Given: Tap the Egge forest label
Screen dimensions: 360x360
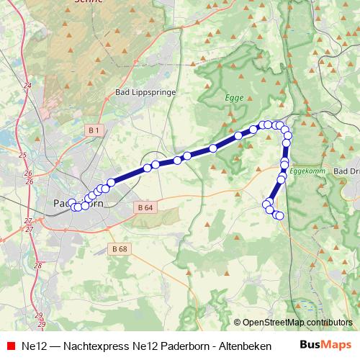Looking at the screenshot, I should (235, 97).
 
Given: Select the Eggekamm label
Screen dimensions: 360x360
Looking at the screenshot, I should (307, 171).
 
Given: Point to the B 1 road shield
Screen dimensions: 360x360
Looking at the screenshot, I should (94, 130).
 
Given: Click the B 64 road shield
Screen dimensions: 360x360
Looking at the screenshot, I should (144, 207).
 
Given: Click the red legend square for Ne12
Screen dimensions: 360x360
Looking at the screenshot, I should (9, 345).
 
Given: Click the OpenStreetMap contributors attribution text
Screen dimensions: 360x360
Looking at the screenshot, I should (297, 323).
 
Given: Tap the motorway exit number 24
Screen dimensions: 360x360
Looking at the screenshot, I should (27, 86).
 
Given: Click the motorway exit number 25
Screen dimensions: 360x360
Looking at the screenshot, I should (22, 155).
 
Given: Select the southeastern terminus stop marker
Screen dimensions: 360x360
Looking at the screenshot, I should (280, 216).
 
